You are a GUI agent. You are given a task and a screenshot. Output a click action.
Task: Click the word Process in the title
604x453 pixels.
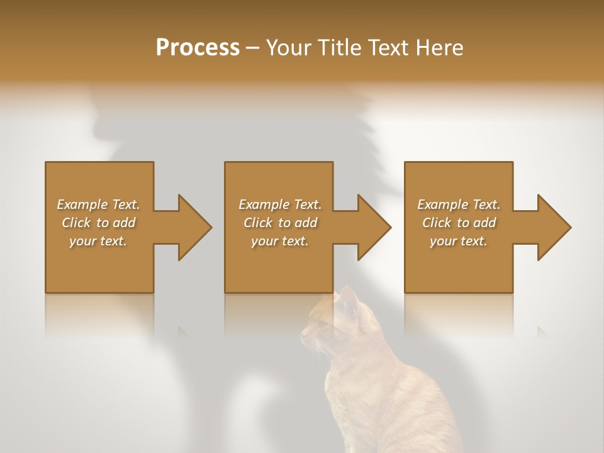point(198,48)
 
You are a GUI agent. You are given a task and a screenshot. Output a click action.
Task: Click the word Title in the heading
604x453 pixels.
point(338,48)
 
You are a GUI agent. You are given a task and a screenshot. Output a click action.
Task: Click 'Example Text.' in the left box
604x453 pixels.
point(98,204)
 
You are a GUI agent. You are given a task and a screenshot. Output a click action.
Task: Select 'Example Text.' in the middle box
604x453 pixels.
point(280,204)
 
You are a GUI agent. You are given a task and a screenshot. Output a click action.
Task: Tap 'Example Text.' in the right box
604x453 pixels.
point(459,204)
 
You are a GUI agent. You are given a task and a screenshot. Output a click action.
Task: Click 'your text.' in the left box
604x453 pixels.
point(98,241)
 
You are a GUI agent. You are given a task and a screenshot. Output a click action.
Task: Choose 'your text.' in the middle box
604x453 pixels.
point(280,241)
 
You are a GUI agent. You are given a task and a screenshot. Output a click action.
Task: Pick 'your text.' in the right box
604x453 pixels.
point(459,241)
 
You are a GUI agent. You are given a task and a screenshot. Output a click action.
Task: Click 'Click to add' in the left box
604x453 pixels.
point(98,223)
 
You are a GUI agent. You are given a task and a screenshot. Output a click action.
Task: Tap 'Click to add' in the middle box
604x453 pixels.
point(280,223)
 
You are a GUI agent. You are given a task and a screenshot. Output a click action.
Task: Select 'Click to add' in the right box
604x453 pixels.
point(459,223)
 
